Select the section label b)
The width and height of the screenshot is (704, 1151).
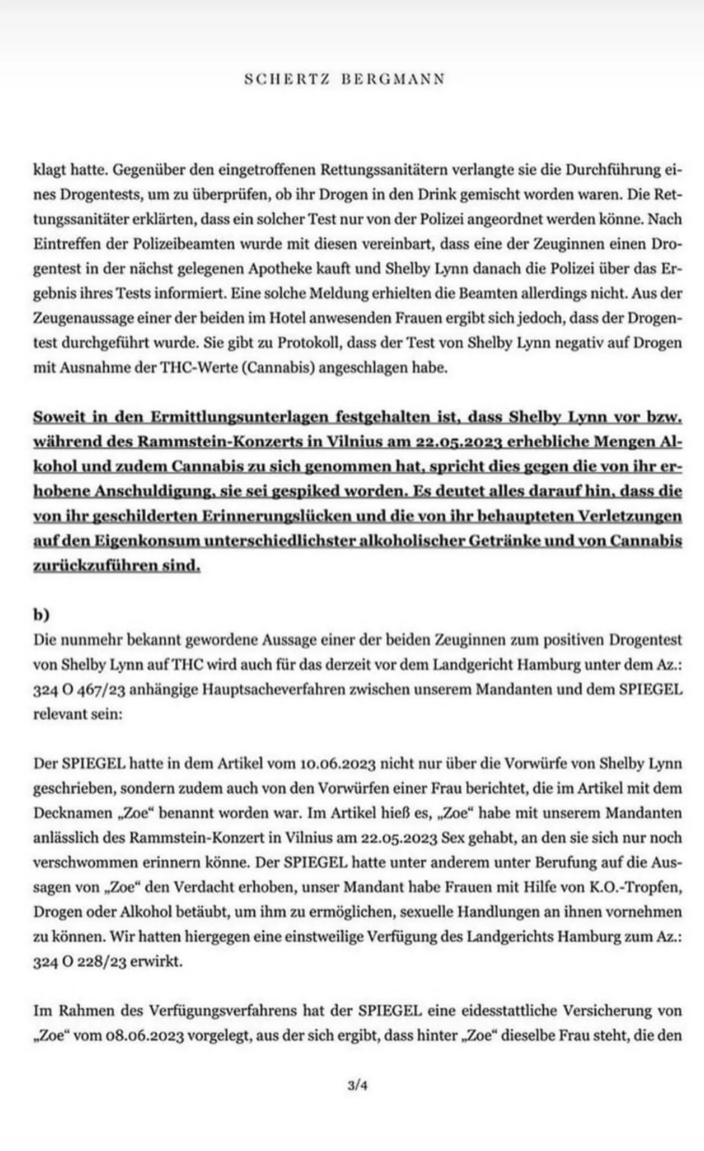pos(42,614)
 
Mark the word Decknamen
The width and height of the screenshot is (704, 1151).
pos(63,813)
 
